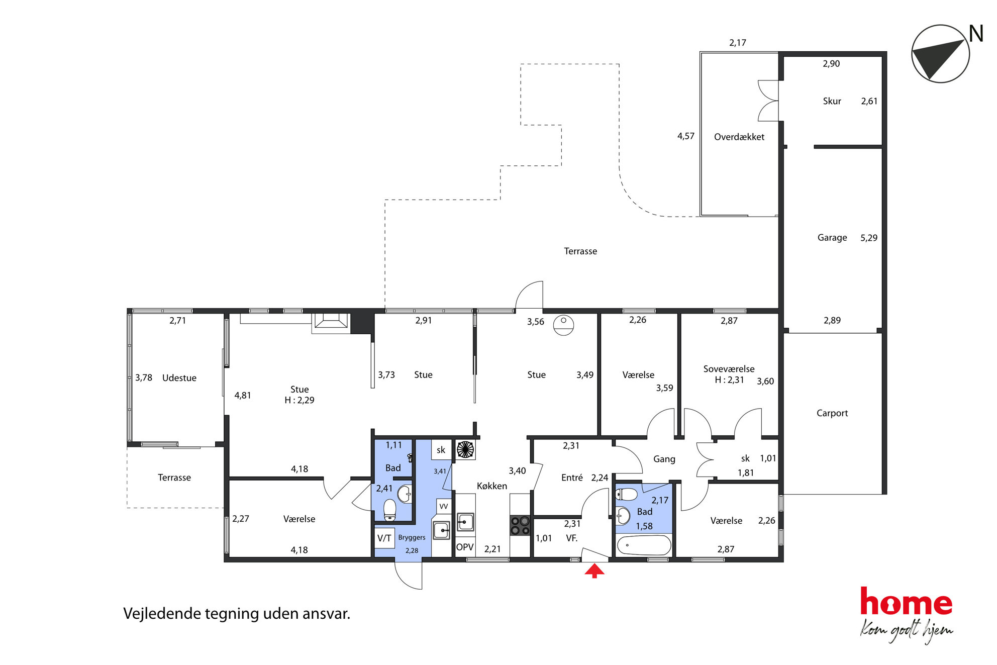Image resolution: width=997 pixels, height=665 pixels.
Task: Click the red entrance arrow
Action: pyautogui.click(x=594, y=571)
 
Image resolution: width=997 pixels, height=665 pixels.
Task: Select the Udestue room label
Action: pyautogui.click(x=179, y=378)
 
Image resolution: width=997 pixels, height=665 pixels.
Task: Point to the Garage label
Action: pyautogui.click(x=832, y=238)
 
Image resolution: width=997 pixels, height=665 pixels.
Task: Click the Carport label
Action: pyautogui.click(x=832, y=413)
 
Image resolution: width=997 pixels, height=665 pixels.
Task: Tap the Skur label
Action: pyautogui.click(x=832, y=101)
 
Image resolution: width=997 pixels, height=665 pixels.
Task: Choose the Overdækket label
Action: pyautogui.click(x=739, y=137)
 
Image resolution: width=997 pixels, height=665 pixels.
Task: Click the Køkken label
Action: pyautogui.click(x=492, y=486)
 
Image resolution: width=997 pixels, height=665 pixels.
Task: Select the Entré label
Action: pyautogui.click(x=572, y=478)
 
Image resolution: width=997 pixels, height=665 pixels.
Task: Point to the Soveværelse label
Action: pyautogui.click(x=729, y=369)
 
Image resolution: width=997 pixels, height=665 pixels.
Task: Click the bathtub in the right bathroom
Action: pyautogui.click(x=644, y=545)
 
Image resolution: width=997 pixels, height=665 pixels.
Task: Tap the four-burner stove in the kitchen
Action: pyautogui.click(x=520, y=525)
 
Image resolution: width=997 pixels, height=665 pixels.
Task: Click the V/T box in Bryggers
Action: pyautogui.click(x=384, y=538)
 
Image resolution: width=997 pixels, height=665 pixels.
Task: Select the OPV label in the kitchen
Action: pyautogui.click(x=465, y=547)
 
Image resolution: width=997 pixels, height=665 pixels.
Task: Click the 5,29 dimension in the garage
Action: pyautogui.click(x=869, y=238)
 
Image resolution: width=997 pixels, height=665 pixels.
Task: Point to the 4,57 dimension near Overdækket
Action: pyautogui.click(x=686, y=136)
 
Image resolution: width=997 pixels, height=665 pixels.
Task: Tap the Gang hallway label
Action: pyautogui.click(x=664, y=459)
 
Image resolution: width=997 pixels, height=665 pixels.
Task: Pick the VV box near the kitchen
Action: pyautogui.click(x=444, y=506)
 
